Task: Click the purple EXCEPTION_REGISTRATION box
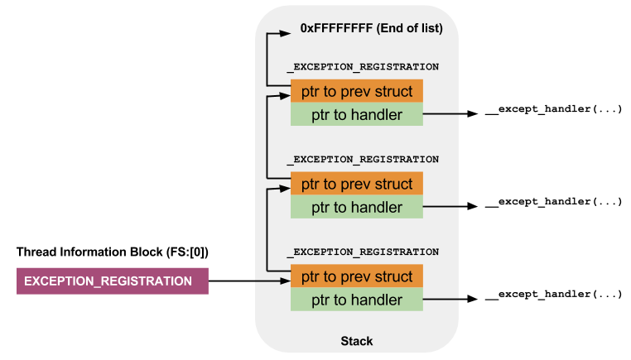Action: point(112,281)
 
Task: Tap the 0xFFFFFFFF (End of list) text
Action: point(371,28)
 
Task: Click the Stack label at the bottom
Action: point(357,341)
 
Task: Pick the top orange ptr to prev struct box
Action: point(357,90)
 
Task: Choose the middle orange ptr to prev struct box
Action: point(357,183)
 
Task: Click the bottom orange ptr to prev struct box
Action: point(357,276)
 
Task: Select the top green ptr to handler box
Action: point(357,114)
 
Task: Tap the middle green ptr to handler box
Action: point(357,207)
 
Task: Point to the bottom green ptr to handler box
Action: point(357,300)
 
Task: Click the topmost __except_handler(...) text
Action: point(553,110)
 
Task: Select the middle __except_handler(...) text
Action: point(553,203)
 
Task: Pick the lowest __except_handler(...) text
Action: point(553,295)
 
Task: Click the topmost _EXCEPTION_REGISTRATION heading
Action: point(363,66)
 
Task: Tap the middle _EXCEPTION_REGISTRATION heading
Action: point(363,159)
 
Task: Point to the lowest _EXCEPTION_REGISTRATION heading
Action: point(363,252)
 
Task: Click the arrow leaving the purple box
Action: point(248,281)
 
